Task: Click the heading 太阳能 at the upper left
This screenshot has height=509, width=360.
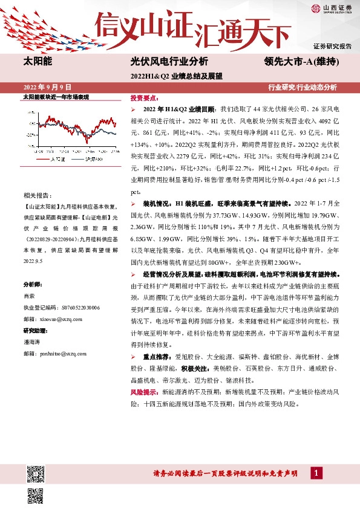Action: tap(38, 61)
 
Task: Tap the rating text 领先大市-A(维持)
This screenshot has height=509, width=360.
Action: tap(301, 61)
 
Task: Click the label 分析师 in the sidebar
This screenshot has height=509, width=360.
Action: tap(33, 284)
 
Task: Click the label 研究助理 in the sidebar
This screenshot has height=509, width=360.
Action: tap(35, 330)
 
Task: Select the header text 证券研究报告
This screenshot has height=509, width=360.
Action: tap(332, 47)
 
